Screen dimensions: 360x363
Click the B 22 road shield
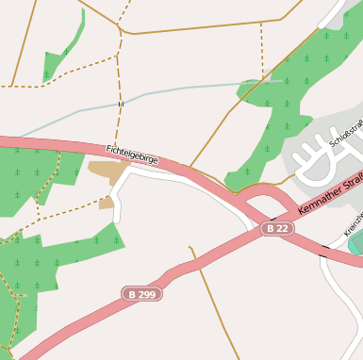277,229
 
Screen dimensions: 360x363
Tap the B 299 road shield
141,294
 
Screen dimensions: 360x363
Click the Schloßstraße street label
346,135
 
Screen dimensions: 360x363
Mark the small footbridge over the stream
120,104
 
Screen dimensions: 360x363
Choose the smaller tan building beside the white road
107,202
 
